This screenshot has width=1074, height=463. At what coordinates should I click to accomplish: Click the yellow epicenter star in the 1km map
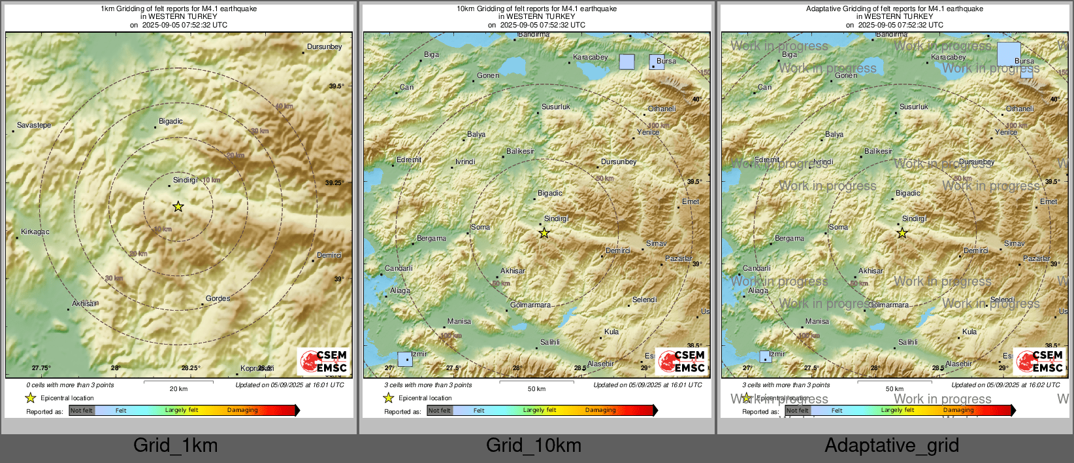(178, 207)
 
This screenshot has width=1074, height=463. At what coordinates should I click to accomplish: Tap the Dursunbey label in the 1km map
(324, 47)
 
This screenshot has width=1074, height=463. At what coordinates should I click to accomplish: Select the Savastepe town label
(34, 125)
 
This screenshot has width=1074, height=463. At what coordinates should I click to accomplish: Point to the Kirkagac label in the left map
(35, 231)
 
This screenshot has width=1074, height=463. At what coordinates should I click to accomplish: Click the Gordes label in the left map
(218, 298)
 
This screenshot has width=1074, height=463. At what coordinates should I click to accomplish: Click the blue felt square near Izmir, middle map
(405, 359)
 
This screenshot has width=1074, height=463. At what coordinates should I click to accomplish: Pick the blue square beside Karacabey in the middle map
(626, 62)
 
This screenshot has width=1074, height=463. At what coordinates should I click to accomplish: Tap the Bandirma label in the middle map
(534, 35)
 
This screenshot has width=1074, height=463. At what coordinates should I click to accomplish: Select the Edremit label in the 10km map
(409, 160)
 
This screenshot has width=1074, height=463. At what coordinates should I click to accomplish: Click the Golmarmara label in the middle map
(530, 305)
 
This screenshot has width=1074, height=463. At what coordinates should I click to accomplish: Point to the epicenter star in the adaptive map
(902, 233)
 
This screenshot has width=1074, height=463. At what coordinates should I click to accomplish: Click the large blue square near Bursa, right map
(1009, 54)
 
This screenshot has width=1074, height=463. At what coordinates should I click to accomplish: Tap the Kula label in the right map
(969, 332)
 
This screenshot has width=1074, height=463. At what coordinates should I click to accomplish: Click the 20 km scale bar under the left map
(178, 382)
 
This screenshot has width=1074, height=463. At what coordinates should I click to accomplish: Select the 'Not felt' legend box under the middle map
(440, 411)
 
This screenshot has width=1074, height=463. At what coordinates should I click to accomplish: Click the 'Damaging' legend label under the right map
(958, 410)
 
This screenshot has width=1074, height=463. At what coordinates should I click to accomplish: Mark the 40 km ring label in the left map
(284, 106)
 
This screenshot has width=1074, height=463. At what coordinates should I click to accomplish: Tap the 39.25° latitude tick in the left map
(334, 183)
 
